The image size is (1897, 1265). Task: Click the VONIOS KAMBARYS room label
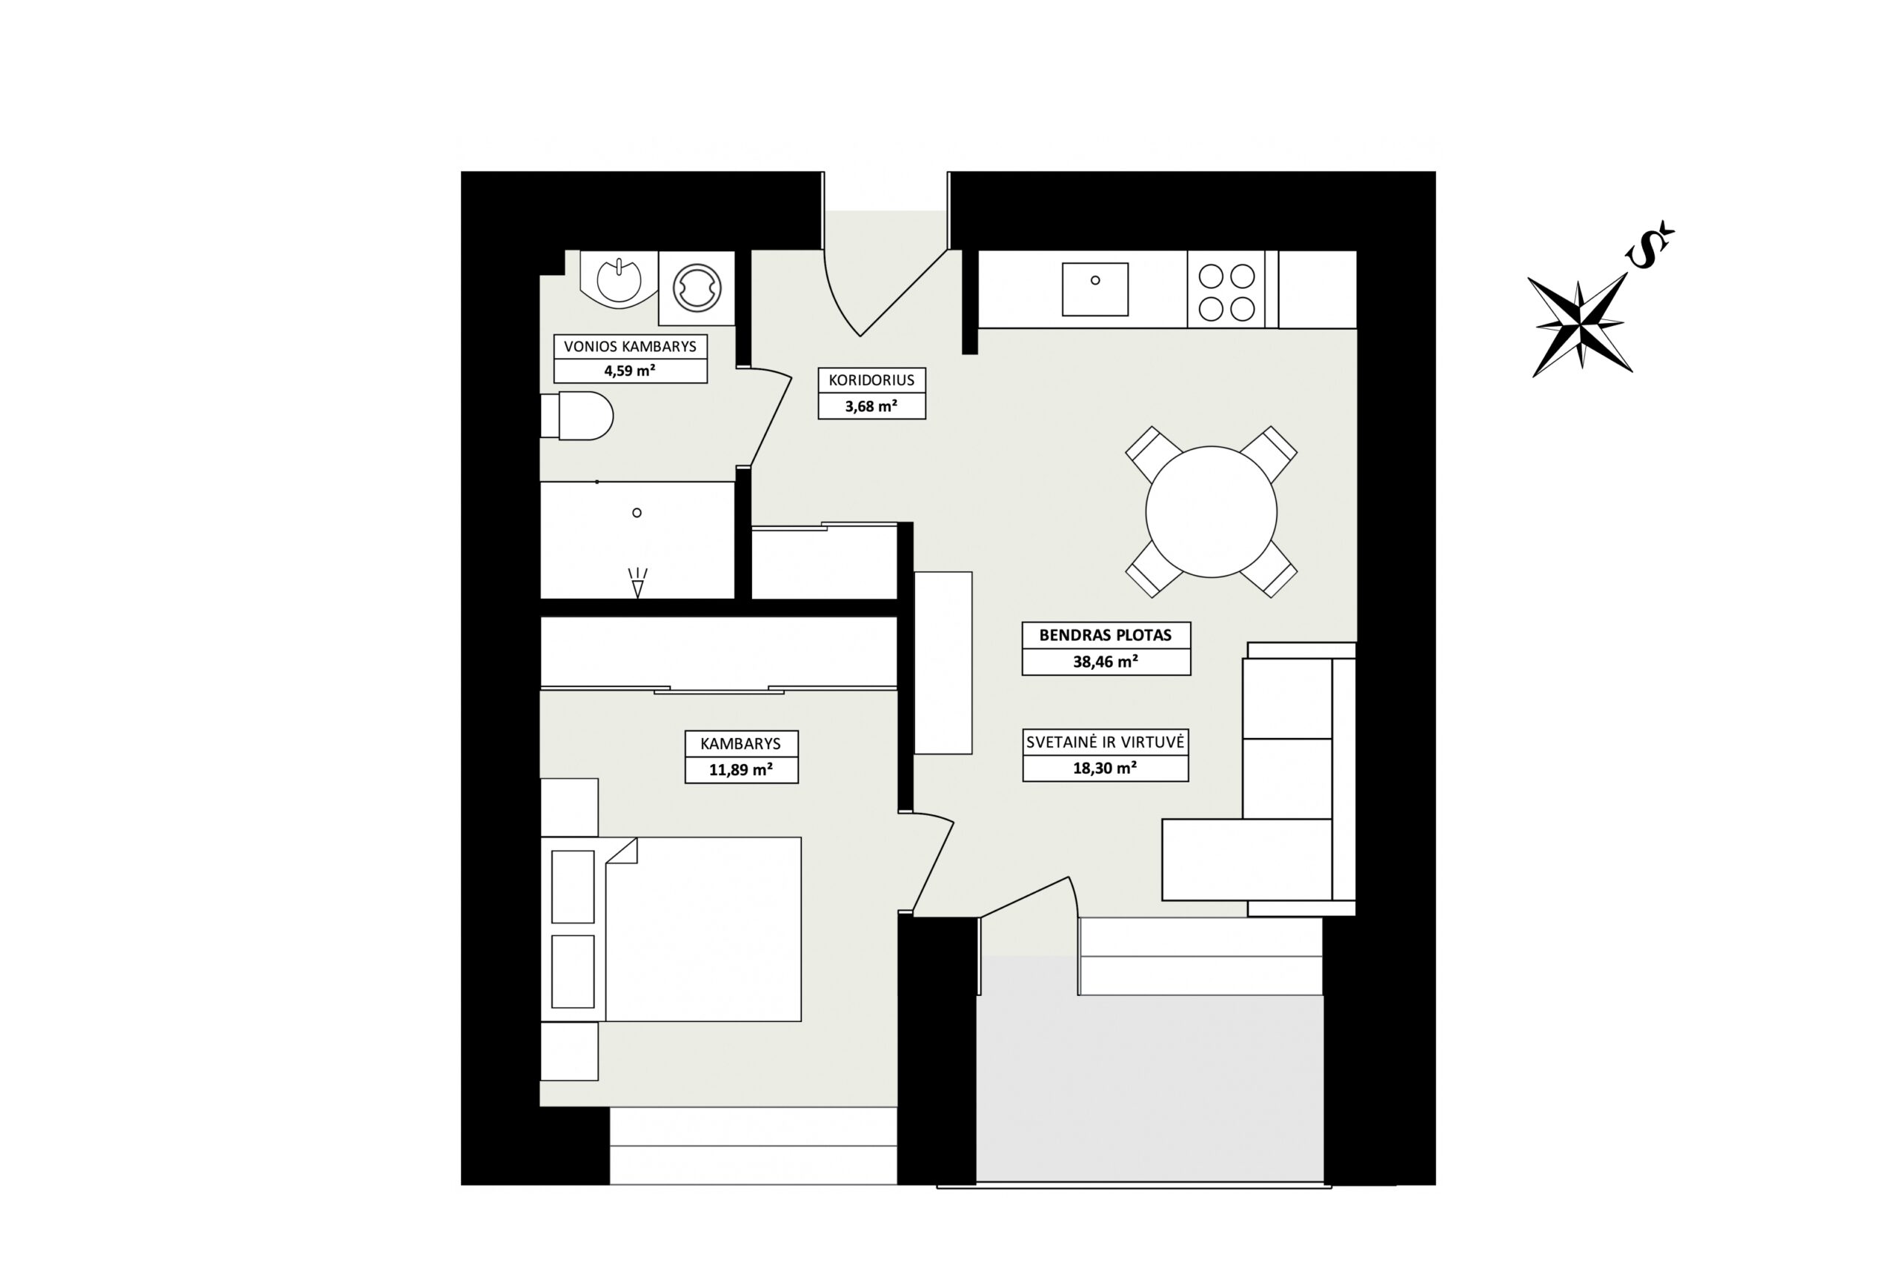pos(630,347)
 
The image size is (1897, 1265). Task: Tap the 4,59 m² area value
pos(630,371)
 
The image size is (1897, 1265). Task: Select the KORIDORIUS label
pos(871,380)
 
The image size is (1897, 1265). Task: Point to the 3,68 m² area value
pos(871,406)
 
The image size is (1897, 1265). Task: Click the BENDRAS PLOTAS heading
pos(1105,635)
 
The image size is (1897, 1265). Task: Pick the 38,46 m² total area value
pos(1105,662)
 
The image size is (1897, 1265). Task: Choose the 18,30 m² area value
pos(1105,768)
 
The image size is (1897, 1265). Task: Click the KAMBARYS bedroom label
pos(740,744)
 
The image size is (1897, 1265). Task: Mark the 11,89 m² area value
pos(740,770)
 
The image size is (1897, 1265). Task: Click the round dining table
pos(1211,511)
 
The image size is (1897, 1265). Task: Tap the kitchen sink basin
pos(1094,289)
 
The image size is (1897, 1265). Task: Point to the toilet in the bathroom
pos(577,416)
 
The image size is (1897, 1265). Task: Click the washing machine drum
pos(697,289)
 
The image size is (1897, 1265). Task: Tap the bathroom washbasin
pos(619,280)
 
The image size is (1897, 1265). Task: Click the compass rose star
pos(1580,325)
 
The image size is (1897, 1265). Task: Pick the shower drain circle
pos(637,512)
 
